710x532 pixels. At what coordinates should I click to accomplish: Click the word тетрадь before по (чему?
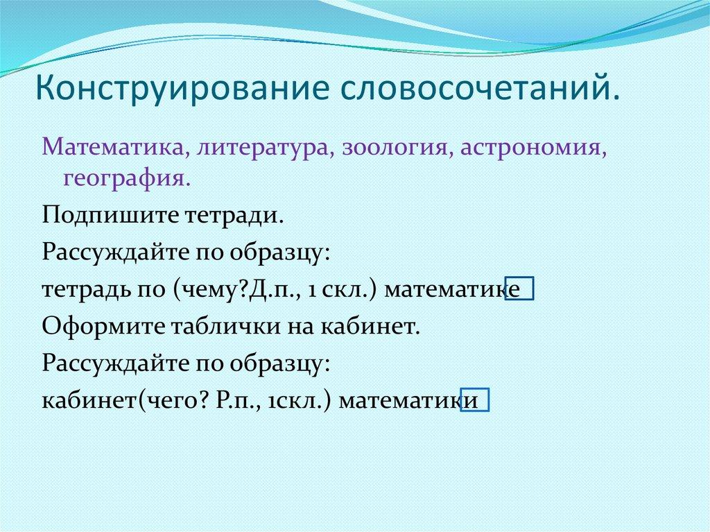tap(85, 289)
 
